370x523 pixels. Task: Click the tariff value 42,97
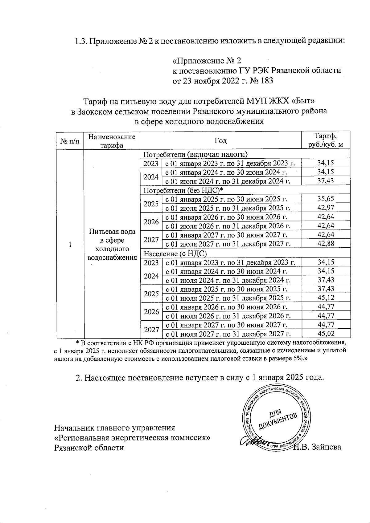tap(326, 208)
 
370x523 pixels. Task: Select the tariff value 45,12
tap(326, 298)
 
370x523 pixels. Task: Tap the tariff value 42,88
tap(326, 244)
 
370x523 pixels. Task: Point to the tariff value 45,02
tap(326, 334)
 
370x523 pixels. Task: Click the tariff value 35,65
tap(326, 199)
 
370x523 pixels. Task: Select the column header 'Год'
tap(220, 141)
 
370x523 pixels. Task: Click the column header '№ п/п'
tap(70, 141)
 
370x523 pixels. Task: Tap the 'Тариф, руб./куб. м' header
tap(326, 140)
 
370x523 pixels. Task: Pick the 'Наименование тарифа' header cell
tap(112, 141)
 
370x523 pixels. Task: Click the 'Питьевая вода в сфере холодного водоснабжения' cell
tap(112, 244)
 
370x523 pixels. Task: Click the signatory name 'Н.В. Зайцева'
tap(318, 447)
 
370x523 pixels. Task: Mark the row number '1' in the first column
tap(70, 245)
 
